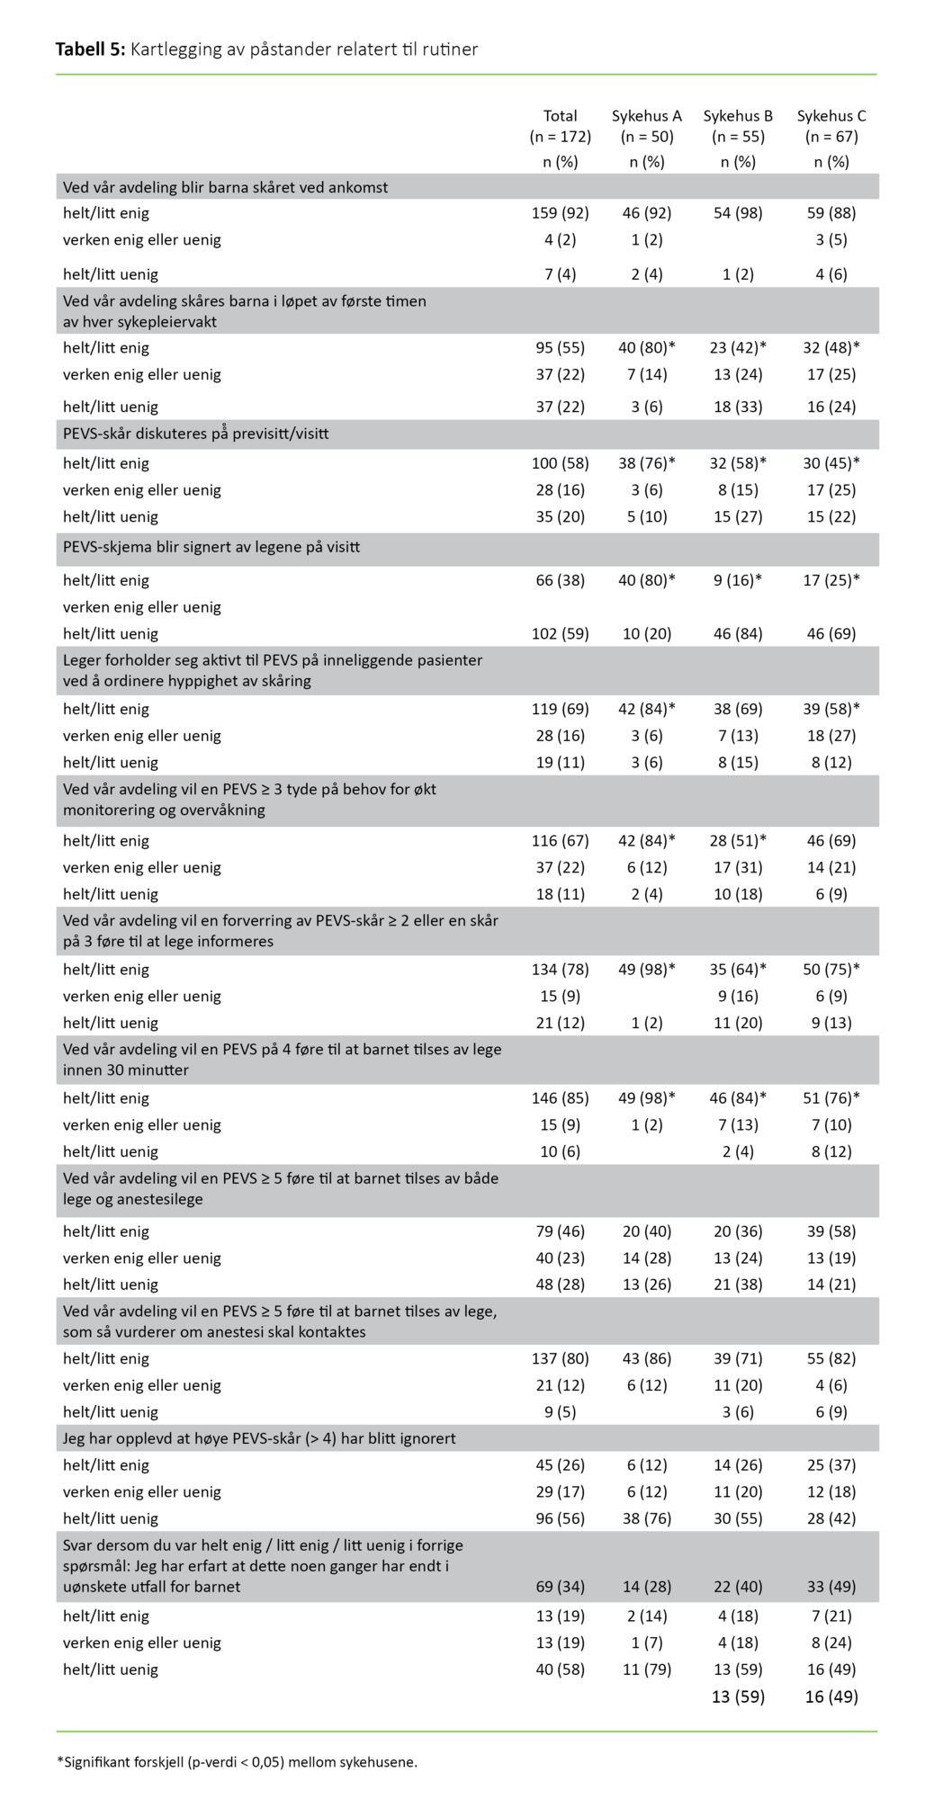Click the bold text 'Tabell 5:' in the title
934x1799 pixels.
90,49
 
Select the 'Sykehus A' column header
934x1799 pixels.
646,116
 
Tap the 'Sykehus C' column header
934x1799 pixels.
831,116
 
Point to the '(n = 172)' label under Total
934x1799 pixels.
560,137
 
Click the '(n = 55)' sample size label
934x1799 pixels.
738,137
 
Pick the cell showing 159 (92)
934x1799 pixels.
560,213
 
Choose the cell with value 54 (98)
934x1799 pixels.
738,213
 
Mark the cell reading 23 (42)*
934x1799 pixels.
738,348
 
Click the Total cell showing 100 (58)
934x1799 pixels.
560,463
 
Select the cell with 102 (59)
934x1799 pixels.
560,633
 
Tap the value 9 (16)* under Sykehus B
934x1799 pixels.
738,580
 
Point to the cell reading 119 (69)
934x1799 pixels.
560,709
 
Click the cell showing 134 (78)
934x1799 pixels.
560,970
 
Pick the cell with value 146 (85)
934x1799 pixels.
560,1098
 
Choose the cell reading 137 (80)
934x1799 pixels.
560,1358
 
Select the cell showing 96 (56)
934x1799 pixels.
560,1518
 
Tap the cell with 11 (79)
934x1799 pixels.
646,1669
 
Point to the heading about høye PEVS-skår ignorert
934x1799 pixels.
259,1438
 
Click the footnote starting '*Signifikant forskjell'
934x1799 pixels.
237,1762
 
